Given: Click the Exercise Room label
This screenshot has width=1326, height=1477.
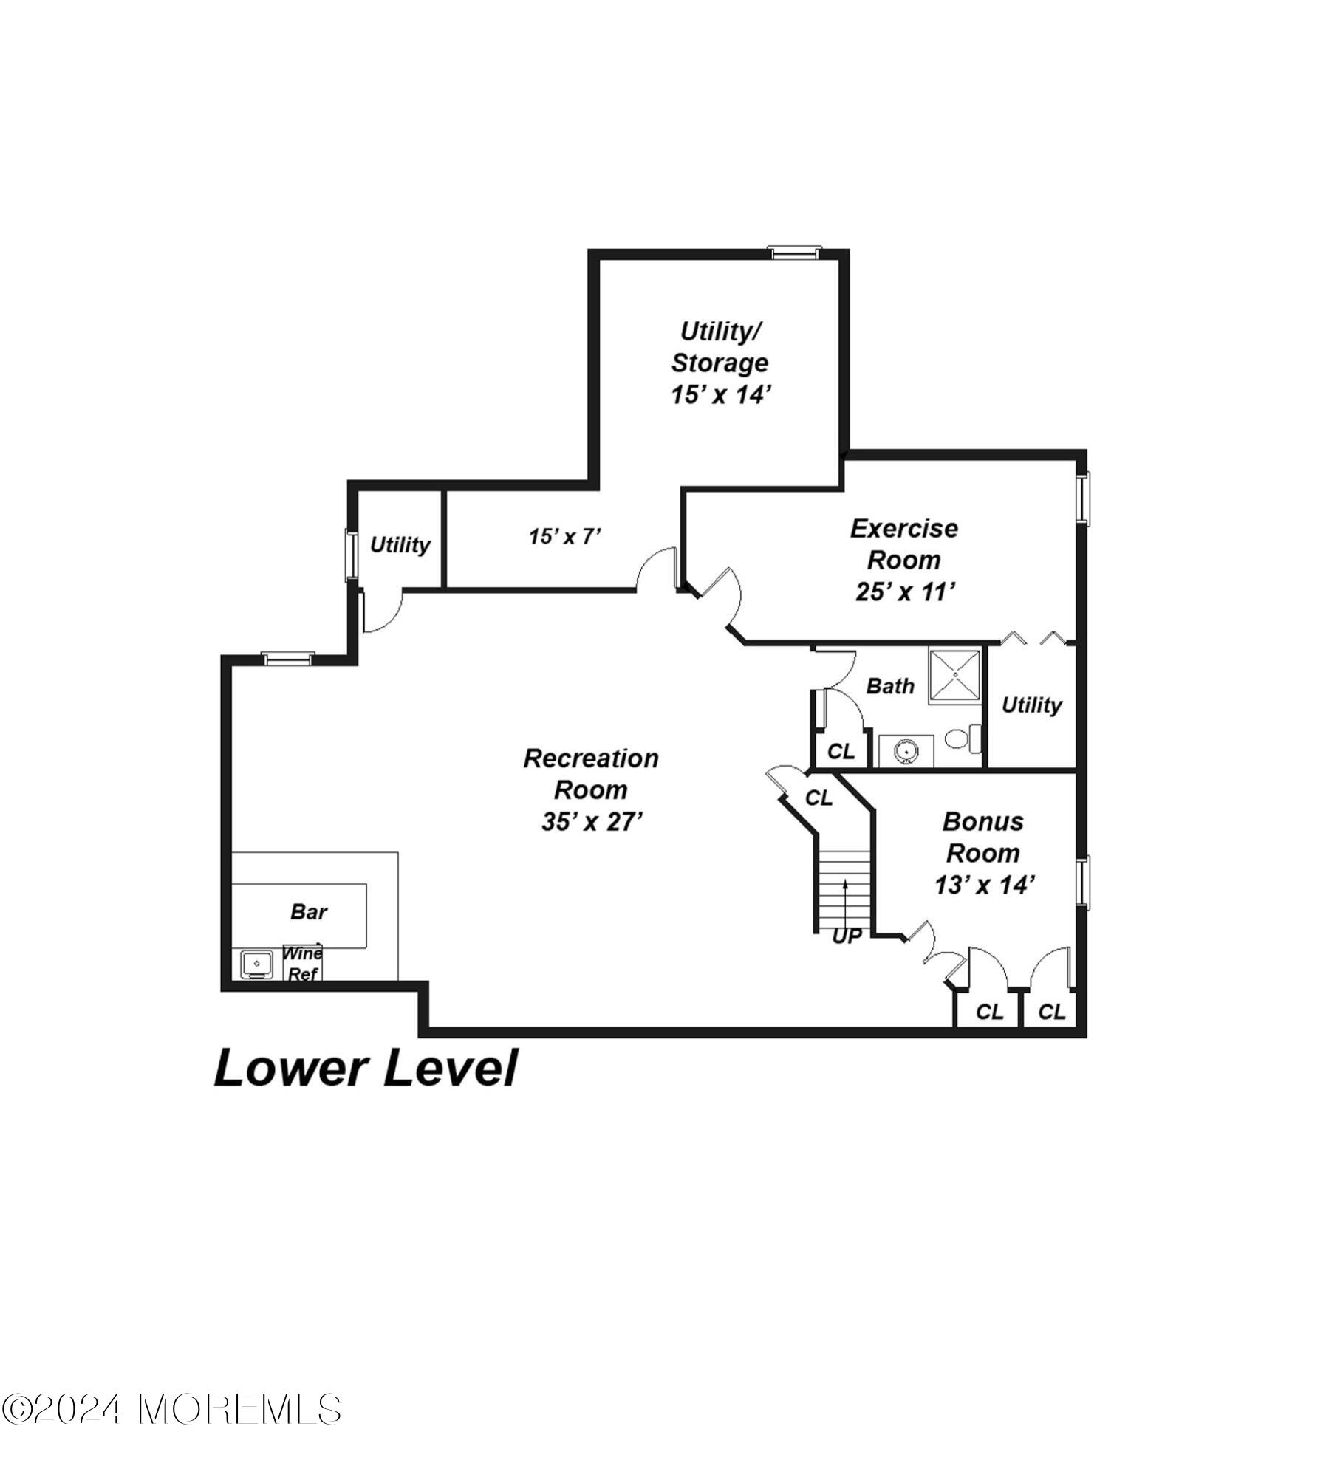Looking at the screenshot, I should [903, 544].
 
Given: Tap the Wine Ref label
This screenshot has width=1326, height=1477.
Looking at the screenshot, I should [302, 963].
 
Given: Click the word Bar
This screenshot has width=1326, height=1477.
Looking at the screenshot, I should [308, 911].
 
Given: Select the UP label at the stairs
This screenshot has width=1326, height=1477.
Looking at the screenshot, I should [847, 936].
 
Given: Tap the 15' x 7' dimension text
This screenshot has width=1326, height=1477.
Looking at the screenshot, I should [565, 536].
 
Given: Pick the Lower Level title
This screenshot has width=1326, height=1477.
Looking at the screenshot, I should [366, 1069].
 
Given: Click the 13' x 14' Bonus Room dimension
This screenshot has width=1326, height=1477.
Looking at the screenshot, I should [982, 885].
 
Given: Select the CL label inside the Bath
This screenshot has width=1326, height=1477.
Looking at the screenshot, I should [841, 752].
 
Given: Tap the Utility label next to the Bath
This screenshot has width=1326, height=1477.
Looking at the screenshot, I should [1031, 705].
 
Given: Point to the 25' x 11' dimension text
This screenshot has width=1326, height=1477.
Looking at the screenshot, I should [905, 592].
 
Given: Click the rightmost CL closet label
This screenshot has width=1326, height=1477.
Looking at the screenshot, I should [1051, 1012].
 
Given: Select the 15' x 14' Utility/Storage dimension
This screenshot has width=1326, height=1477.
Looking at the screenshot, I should [720, 394].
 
